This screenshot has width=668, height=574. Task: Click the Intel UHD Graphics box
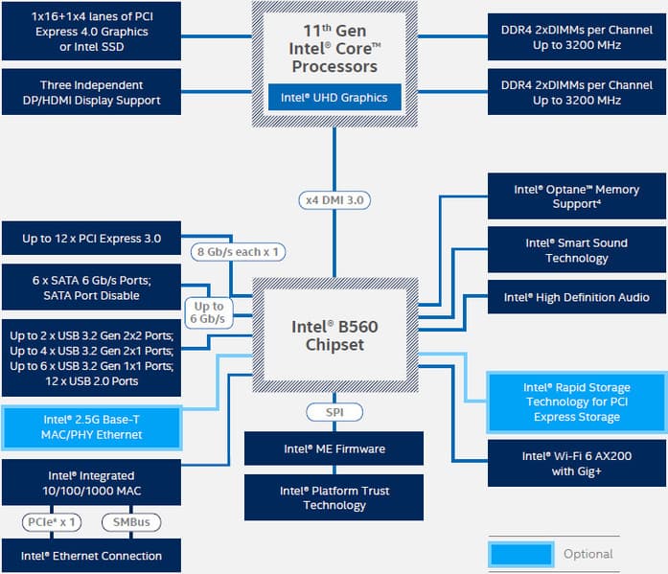click(x=334, y=98)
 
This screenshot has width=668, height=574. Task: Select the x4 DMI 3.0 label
click(x=334, y=200)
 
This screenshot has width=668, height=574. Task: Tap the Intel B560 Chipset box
click(x=334, y=335)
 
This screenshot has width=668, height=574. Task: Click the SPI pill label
click(x=334, y=412)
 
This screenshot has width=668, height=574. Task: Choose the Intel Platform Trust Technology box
click(x=334, y=497)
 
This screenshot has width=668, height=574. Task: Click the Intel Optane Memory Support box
click(x=576, y=196)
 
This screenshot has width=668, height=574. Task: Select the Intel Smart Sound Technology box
click(x=576, y=250)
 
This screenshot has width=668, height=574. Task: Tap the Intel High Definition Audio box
click(x=576, y=297)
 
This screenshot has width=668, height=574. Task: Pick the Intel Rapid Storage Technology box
click(x=576, y=402)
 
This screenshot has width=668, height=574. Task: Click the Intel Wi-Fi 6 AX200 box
click(x=576, y=463)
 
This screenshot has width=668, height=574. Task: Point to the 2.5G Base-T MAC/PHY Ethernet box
click(x=91, y=427)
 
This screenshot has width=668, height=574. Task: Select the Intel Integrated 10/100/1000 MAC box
click(x=91, y=482)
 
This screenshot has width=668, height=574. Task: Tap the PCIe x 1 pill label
click(x=52, y=522)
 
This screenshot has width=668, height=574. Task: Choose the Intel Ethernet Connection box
click(x=91, y=556)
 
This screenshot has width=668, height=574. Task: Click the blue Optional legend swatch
click(x=519, y=554)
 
